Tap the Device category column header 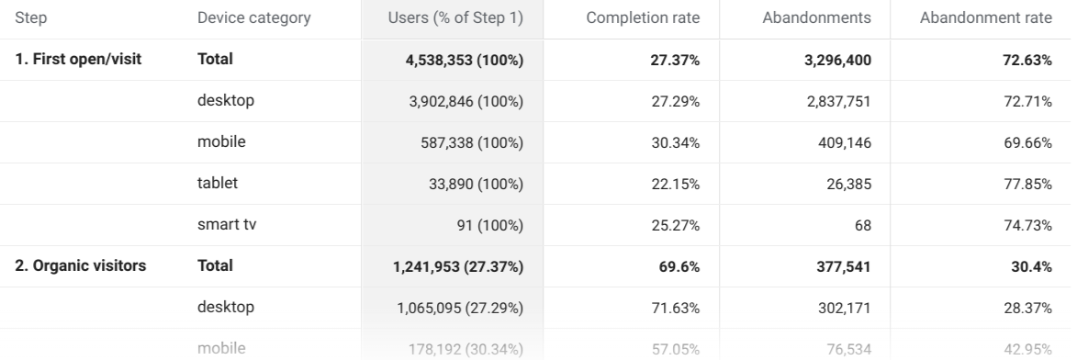[253, 18]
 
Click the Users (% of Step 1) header [456, 18]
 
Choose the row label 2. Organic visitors [80, 266]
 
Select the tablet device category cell [217, 183]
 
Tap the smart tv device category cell [225, 224]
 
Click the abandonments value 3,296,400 [831, 60]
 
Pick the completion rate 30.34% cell [676, 142]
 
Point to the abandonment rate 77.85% [1028, 184]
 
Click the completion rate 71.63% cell [676, 308]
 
